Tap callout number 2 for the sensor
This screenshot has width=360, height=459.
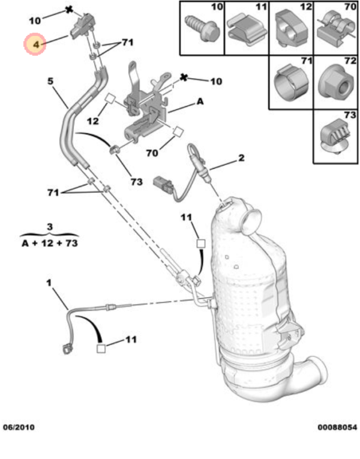pyautogui.click(x=241, y=158)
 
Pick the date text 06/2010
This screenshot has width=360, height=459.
pyautogui.click(x=19, y=427)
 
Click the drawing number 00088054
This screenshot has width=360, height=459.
pyautogui.click(x=337, y=427)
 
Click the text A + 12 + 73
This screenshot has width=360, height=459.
pyautogui.click(x=49, y=244)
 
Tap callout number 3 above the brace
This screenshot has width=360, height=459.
pyautogui.click(x=49, y=227)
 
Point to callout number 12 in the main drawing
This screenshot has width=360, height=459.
pyautogui.click(x=92, y=121)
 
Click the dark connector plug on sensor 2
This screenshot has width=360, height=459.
pyautogui.click(x=163, y=182)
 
